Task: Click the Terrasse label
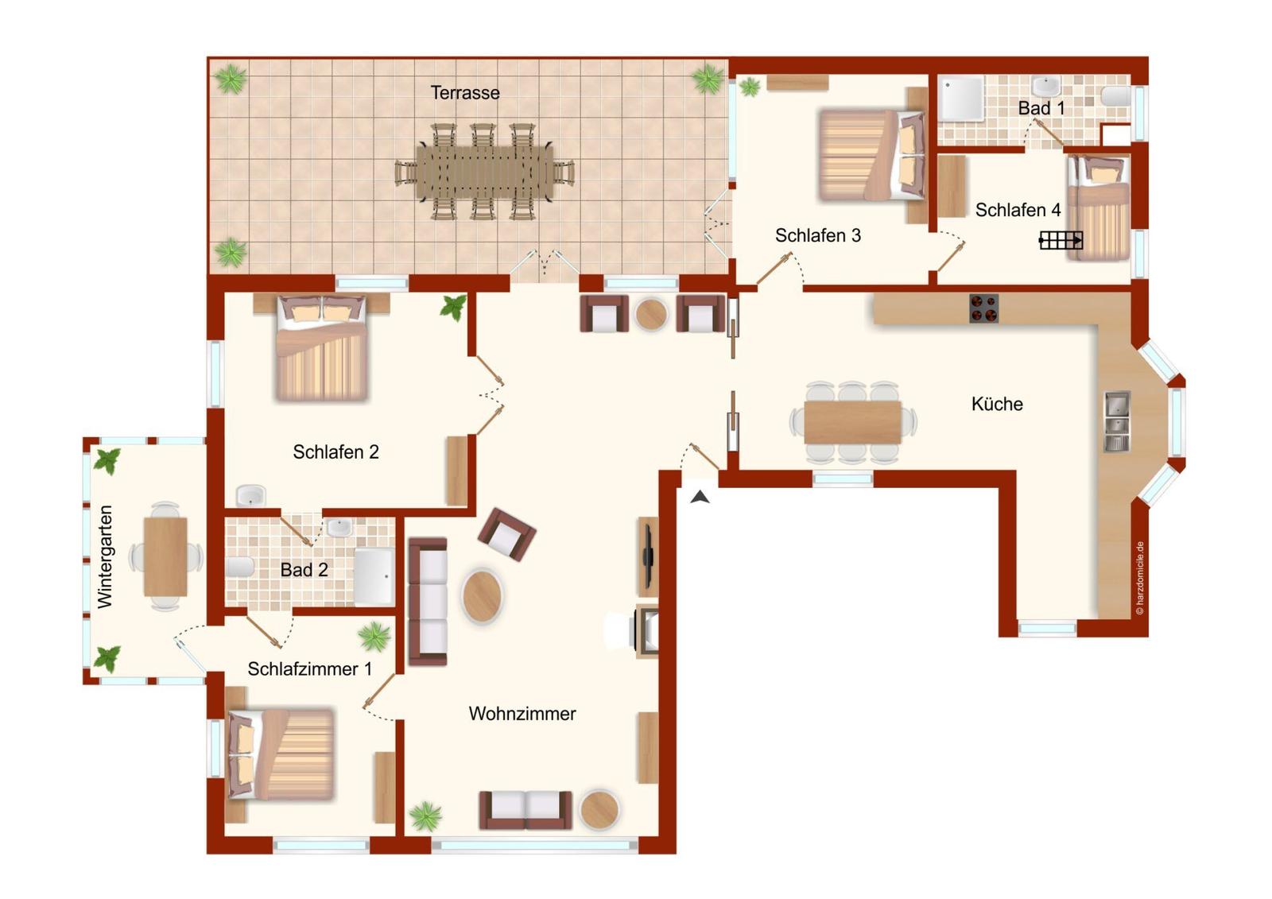click(465, 92)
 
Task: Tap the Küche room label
click(997, 404)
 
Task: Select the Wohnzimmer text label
click(522, 713)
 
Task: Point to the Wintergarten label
click(105, 557)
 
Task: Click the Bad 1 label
click(1041, 108)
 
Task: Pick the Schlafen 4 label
click(1018, 210)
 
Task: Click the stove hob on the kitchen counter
click(983, 309)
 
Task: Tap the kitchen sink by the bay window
click(1117, 421)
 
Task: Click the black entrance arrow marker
click(700, 497)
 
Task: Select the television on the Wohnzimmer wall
click(648, 556)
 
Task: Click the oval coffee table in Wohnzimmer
click(482, 596)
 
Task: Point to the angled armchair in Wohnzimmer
click(506, 534)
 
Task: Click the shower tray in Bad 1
click(961, 99)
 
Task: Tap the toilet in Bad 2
click(240, 567)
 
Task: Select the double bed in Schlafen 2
click(321, 347)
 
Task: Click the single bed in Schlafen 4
click(1099, 207)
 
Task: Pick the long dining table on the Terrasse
click(484, 172)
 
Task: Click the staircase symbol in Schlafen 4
click(1061, 240)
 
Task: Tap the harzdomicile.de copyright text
click(1140, 578)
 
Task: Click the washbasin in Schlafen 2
click(250, 496)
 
